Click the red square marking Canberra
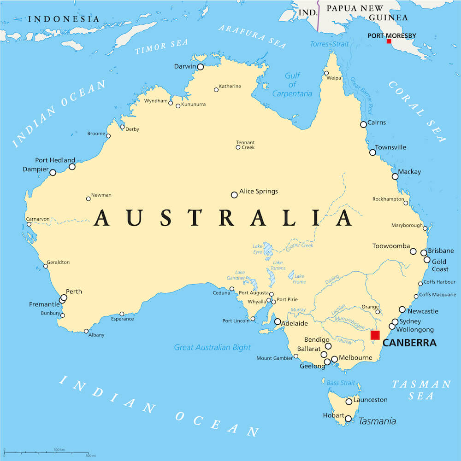(x=375, y=335)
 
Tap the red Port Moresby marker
(x=389, y=41)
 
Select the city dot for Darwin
(x=200, y=67)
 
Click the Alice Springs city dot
(x=234, y=195)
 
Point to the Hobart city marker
(x=348, y=419)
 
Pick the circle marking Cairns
(x=363, y=124)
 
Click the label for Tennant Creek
(x=245, y=145)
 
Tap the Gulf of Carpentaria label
(x=292, y=85)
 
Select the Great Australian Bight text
(x=213, y=347)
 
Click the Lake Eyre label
(x=258, y=249)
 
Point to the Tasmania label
(x=377, y=421)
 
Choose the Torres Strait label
(x=329, y=44)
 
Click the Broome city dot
(x=108, y=136)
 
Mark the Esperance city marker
(x=122, y=314)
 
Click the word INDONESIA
(x=64, y=19)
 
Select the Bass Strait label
(x=341, y=383)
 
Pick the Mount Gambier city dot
(x=296, y=356)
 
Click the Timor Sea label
(x=161, y=47)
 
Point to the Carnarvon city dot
(x=29, y=225)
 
